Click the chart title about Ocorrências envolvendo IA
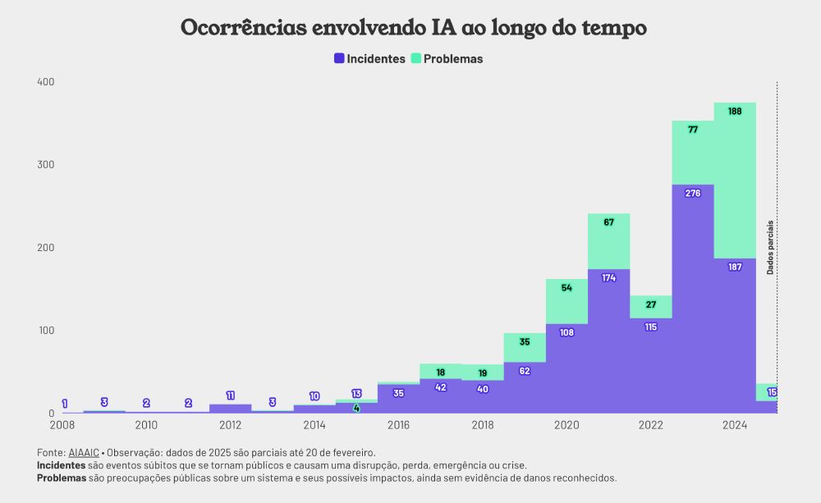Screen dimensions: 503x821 point(413,28)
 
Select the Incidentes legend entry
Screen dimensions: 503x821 point(369,59)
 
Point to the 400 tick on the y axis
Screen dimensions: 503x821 point(45,82)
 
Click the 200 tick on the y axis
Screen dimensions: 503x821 point(45,248)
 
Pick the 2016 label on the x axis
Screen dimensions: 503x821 point(399,425)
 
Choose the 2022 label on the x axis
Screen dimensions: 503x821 point(651,425)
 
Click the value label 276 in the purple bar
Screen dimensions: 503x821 point(693,194)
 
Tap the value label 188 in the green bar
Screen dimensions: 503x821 point(735,112)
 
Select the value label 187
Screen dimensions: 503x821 point(735,268)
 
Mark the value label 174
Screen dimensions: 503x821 point(609,278)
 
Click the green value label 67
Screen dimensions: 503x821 point(609,222)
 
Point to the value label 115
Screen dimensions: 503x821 point(651,327)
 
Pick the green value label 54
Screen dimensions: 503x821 point(566,288)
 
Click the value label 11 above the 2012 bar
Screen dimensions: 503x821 point(231,396)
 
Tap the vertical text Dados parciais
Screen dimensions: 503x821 point(770,246)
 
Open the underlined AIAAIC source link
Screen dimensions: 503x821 point(83,453)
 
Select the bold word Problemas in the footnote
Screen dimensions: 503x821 point(62,478)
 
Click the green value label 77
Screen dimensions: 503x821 point(693,130)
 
